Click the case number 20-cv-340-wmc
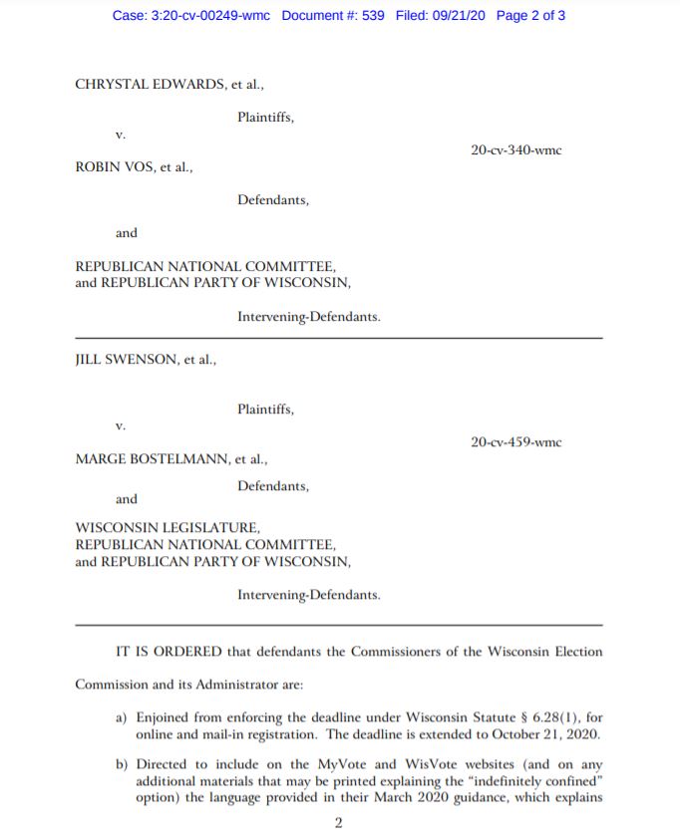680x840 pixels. (x=515, y=150)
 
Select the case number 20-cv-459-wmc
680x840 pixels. (x=515, y=441)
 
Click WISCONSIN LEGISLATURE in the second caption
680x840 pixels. (x=168, y=527)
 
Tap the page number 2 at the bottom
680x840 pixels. (x=339, y=823)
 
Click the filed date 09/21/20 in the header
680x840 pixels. (x=452, y=17)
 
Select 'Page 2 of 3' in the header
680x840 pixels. (x=529, y=17)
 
